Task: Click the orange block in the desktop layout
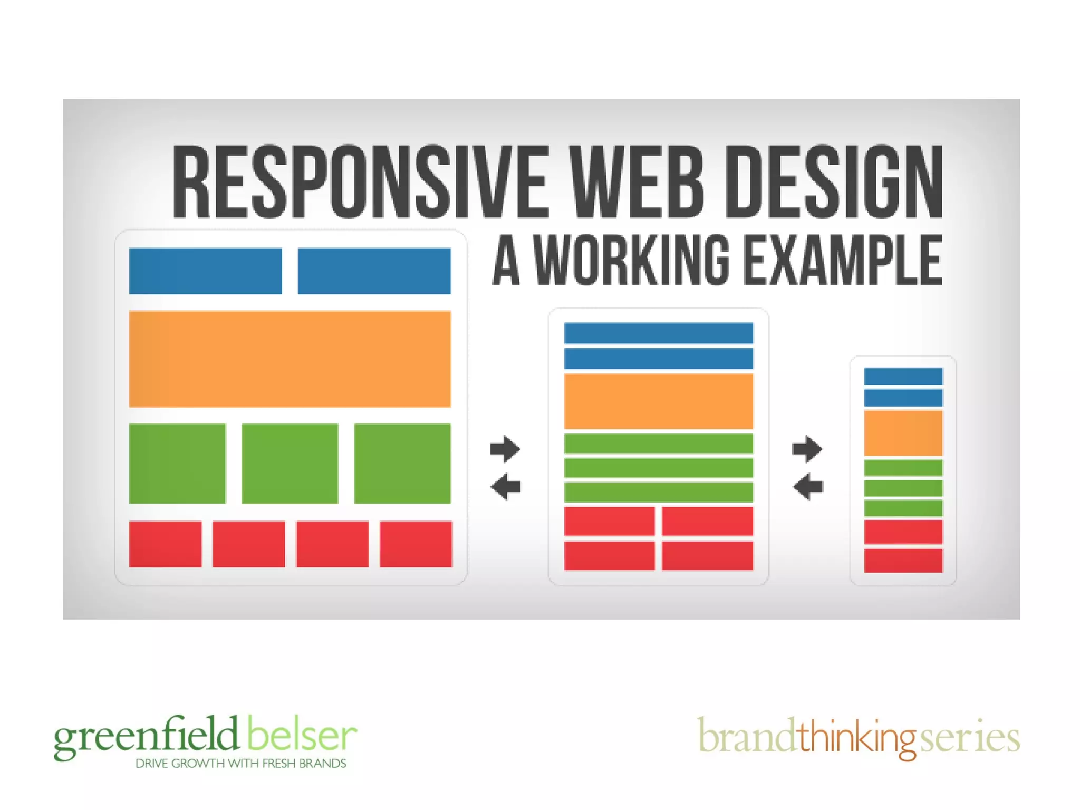click(290, 359)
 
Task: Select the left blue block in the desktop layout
click(205, 271)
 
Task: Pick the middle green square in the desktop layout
click(290, 463)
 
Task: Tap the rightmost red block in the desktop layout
click(416, 544)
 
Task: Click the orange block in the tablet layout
click(658, 401)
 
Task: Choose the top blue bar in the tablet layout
click(658, 333)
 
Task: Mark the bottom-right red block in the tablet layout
click(707, 555)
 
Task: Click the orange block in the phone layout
click(903, 433)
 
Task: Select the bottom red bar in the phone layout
click(903, 560)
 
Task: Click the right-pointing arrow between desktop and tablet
click(505, 449)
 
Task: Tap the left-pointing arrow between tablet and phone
click(808, 486)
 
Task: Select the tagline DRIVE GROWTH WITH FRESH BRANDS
click(240, 764)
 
